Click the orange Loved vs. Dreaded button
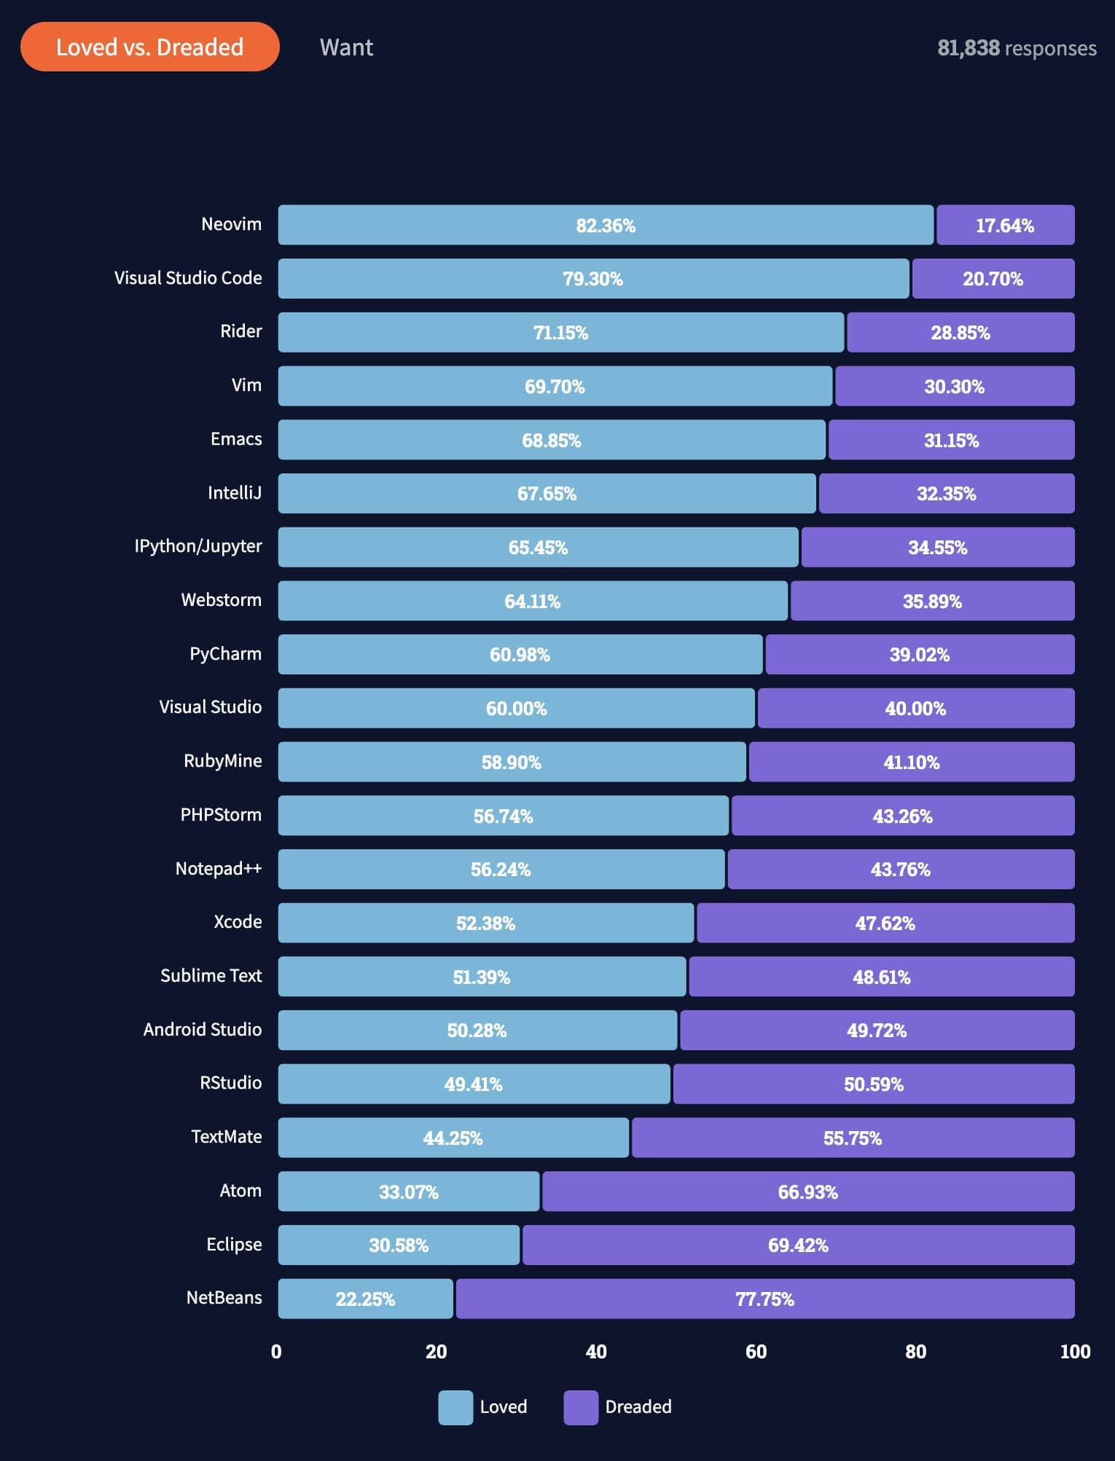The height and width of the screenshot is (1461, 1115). click(x=149, y=47)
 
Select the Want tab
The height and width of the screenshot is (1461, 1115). click(x=346, y=47)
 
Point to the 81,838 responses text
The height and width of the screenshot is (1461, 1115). click(x=1016, y=48)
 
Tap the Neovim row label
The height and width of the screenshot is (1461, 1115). click(x=231, y=224)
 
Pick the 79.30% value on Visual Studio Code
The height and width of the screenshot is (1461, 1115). click(x=592, y=279)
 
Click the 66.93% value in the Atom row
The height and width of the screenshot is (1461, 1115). click(x=807, y=1192)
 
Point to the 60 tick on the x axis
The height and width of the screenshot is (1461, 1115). click(x=756, y=1352)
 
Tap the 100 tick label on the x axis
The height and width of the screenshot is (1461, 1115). click(x=1075, y=1352)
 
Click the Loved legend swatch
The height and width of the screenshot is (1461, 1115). click(x=455, y=1407)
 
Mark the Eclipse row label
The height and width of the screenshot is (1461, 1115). click(x=234, y=1245)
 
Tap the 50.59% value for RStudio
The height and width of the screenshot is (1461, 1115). click(x=873, y=1084)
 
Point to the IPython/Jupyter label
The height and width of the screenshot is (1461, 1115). click(x=198, y=547)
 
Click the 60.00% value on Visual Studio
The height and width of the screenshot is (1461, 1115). click(x=516, y=709)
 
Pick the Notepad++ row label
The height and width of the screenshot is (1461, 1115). click(x=218, y=869)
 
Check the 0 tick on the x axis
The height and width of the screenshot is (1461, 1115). click(x=276, y=1352)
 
